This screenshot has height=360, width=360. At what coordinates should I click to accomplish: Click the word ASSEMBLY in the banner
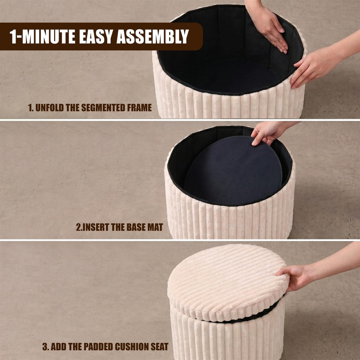[153, 36]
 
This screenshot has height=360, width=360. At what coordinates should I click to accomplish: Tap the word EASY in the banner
[96, 36]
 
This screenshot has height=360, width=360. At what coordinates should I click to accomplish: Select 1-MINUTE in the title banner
[43, 36]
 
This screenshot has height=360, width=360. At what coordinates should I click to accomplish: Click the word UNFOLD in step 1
[49, 108]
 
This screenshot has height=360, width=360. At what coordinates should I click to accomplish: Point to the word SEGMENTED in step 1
[102, 108]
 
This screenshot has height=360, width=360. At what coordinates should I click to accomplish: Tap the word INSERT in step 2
[96, 227]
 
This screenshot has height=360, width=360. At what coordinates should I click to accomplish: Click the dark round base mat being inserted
[233, 170]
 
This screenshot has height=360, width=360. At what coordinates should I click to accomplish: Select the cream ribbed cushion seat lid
[228, 282]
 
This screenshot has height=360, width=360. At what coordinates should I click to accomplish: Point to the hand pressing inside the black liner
[269, 27]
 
